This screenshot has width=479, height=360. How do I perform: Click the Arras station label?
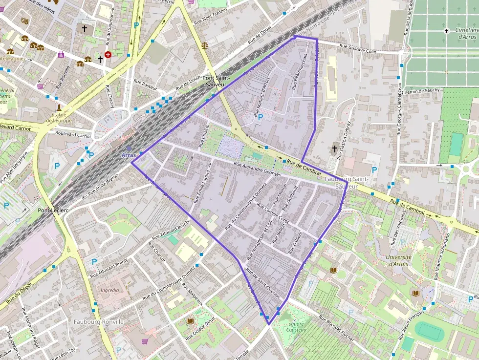pyautogui.click(x=129, y=155)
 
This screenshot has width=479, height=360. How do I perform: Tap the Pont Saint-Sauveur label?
pyautogui.click(x=216, y=81)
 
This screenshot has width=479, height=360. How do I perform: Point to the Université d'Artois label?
pyautogui.click(x=399, y=260)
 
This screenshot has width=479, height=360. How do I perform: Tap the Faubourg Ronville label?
pyautogui.click(x=98, y=321)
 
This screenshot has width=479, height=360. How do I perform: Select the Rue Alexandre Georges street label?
pyautogui.click(x=257, y=169)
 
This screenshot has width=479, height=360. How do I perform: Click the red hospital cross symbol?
pyautogui.click(x=108, y=55)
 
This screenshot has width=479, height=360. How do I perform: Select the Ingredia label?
pyautogui.click(x=109, y=290)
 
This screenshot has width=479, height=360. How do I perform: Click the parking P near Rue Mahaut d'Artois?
pyautogui.click(x=261, y=117)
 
